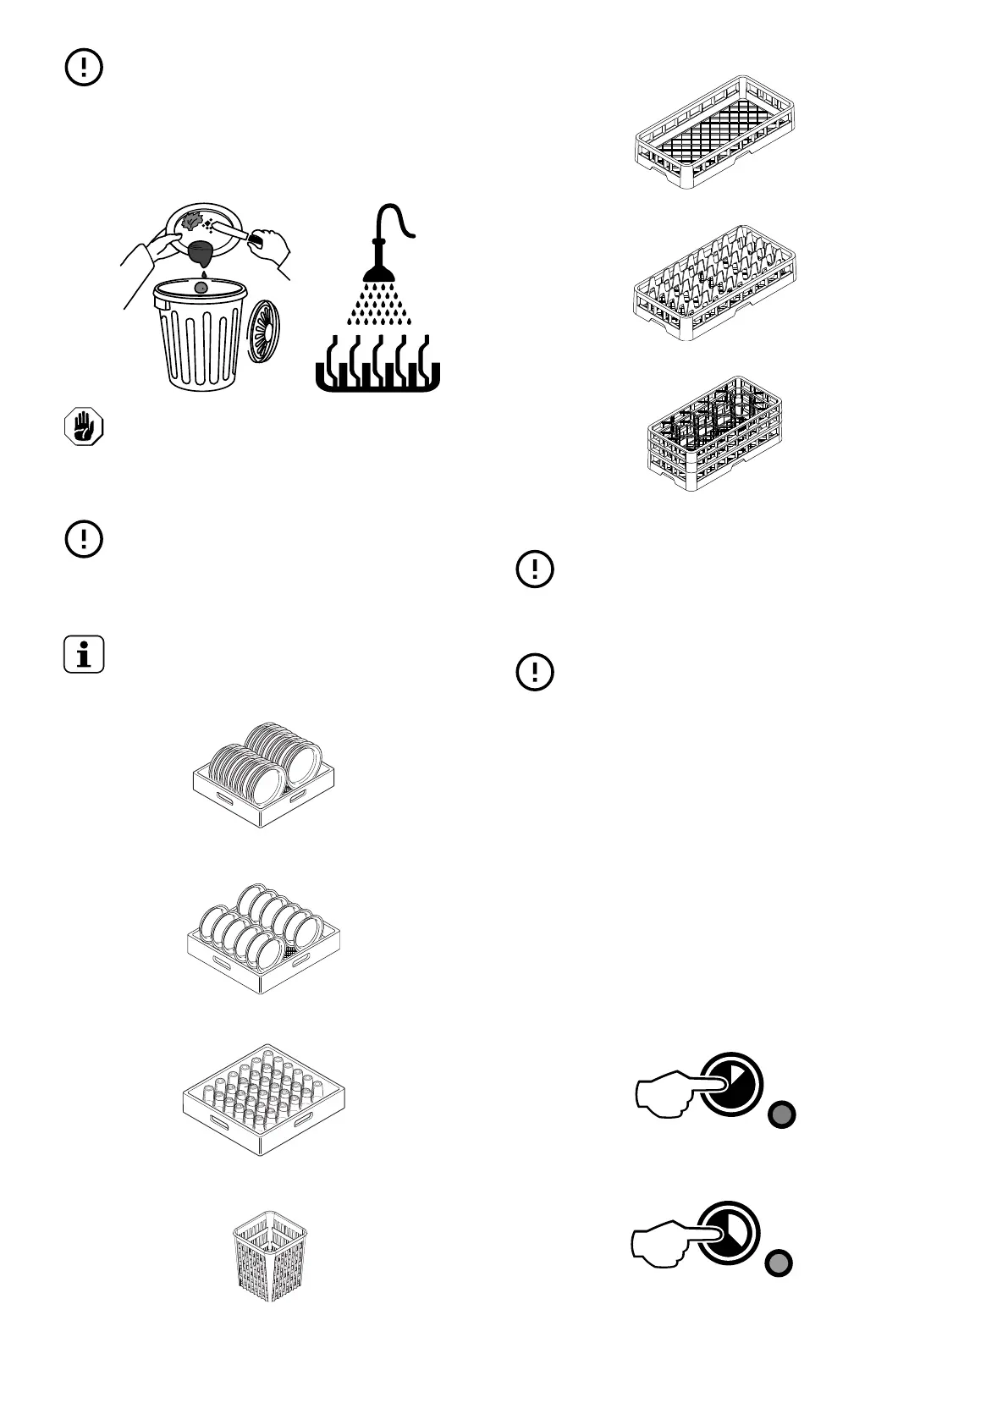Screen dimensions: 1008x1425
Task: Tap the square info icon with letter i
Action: click(84, 654)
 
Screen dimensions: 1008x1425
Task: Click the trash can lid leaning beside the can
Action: click(263, 331)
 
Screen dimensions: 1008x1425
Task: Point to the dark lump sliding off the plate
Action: click(203, 252)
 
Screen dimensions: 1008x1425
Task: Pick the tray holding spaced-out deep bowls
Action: click(267, 939)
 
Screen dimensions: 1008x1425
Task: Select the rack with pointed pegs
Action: click(716, 283)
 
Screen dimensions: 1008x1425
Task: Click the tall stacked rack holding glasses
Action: click(714, 434)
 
